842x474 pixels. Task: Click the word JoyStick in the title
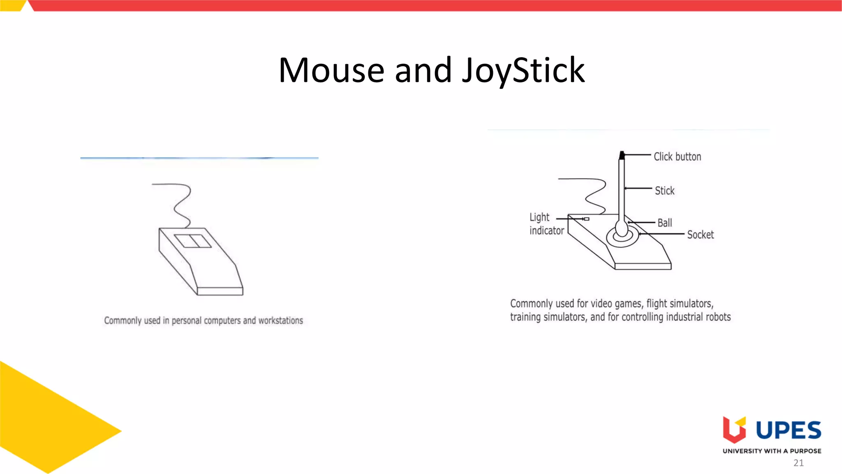(x=523, y=71)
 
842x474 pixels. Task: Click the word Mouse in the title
(x=331, y=71)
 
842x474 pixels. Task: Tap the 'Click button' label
(x=677, y=157)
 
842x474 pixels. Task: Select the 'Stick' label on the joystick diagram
(x=664, y=191)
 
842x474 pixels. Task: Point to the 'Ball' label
(x=664, y=223)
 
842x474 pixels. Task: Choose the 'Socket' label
(x=700, y=235)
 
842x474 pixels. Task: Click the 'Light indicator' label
(x=546, y=224)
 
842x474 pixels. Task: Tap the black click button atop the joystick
(x=622, y=155)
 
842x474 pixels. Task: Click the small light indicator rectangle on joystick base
(x=587, y=219)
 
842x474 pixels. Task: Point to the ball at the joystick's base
(x=622, y=228)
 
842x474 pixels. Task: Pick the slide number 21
(x=798, y=463)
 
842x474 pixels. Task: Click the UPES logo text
(x=788, y=430)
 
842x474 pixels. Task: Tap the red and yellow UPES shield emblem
(x=734, y=430)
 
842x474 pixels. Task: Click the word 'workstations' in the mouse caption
(x=280, y=321)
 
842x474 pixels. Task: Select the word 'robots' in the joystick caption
(x=718, y=317)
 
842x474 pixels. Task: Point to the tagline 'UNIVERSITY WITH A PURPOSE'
(x=772, y=451)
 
